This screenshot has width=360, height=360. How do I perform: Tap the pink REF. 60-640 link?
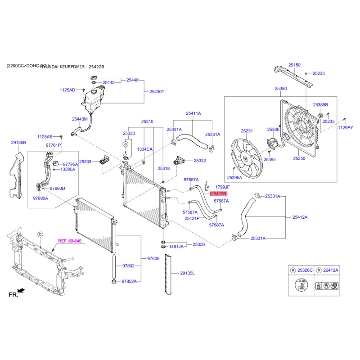[69, 241]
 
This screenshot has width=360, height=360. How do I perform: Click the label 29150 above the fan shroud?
[294, 65]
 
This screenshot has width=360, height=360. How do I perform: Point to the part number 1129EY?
[346, 128]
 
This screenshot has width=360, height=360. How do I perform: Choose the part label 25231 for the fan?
[247, 131]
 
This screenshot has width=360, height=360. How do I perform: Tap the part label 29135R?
[19, 143]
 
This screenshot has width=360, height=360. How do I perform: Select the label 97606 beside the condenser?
[153, 259]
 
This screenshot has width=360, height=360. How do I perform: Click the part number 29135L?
[187, 273]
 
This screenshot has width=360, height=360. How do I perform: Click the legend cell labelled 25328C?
[301, 270]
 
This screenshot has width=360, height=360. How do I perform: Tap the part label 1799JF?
[222, 187]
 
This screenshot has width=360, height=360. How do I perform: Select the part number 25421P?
[192, 218]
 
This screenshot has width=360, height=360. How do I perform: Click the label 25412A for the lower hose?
[300, 217]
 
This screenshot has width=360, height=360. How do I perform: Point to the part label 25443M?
[80, 119]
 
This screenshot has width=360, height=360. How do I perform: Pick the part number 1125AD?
[68, 90]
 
